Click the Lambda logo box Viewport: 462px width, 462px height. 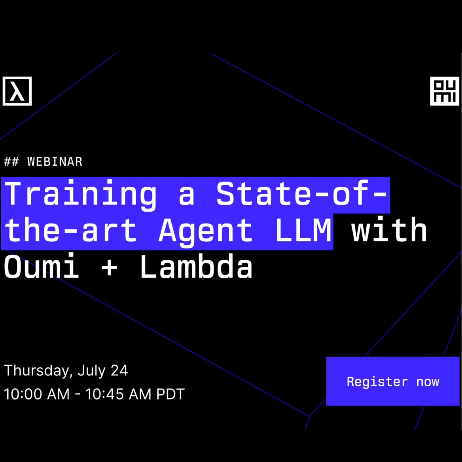17,91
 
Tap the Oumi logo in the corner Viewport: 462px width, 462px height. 445,91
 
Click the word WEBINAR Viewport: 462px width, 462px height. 55,162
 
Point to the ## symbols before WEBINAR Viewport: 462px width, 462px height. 11,162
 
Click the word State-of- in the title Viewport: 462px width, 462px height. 301,193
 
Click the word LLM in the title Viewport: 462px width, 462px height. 303,230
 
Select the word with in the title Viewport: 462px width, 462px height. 389,229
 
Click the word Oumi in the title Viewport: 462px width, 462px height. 42,266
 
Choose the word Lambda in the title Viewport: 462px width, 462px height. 196,266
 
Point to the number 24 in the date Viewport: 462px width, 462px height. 119,370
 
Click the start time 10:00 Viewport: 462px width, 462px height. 22,394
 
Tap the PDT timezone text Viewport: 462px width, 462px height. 170,394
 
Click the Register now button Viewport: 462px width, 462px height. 393,381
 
